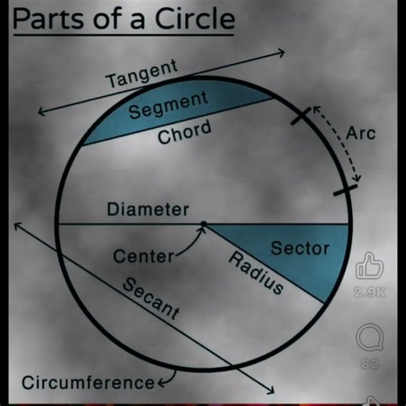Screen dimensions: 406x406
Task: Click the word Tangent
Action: click(143, 73)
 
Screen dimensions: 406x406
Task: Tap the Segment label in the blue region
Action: click(169, 105)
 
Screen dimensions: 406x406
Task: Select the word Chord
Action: click(184, 131)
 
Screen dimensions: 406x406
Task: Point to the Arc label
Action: click(361, 134)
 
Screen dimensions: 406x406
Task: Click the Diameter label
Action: click(148, 209)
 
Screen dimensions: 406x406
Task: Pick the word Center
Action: click(144, 256)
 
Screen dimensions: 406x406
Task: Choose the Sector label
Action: click(300, 248)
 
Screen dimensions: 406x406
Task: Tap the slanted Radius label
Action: click(256, 272)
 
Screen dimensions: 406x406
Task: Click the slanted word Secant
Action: click(151, 298)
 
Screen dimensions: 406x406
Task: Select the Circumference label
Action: click(88, 383)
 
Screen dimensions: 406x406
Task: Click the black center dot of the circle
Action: click(204, 223)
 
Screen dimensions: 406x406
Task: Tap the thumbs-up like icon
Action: click(369, 265)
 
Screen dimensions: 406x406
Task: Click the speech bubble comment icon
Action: click(369, 337)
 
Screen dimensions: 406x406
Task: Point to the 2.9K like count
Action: click(369, 293)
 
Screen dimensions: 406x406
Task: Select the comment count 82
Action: click(369, 364)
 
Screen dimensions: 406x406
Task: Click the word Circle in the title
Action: click(195, 19)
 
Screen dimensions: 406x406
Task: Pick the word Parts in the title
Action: click(48, 19)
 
